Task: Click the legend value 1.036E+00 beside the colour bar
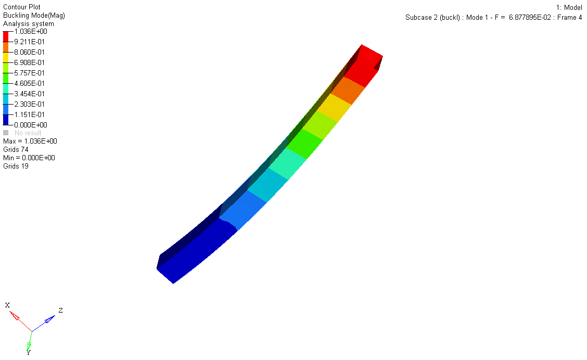click(31, 31)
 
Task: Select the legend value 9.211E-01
click(29, 42)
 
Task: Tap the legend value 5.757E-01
click(29, 73)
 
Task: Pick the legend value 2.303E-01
click(29, 105)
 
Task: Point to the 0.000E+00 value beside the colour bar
click(31, 125)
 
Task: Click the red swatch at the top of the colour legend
click(6, 36)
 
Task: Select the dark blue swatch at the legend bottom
click(6, 120)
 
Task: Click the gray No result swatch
click(6, 133)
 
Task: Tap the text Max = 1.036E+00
click(30, 141)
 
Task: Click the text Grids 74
click(16, 150)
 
